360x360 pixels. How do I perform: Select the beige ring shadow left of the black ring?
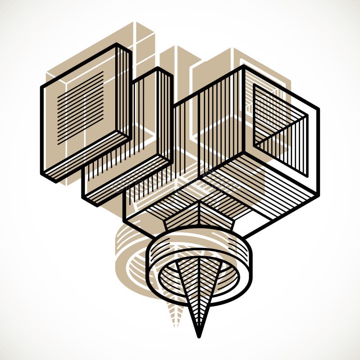tap(130, 261)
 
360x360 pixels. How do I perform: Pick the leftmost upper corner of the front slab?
tap(42, 85)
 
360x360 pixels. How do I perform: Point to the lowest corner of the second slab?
tap(97, 205)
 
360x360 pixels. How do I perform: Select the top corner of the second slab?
tap(158, 69)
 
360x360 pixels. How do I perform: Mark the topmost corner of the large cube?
tap(243, 67)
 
